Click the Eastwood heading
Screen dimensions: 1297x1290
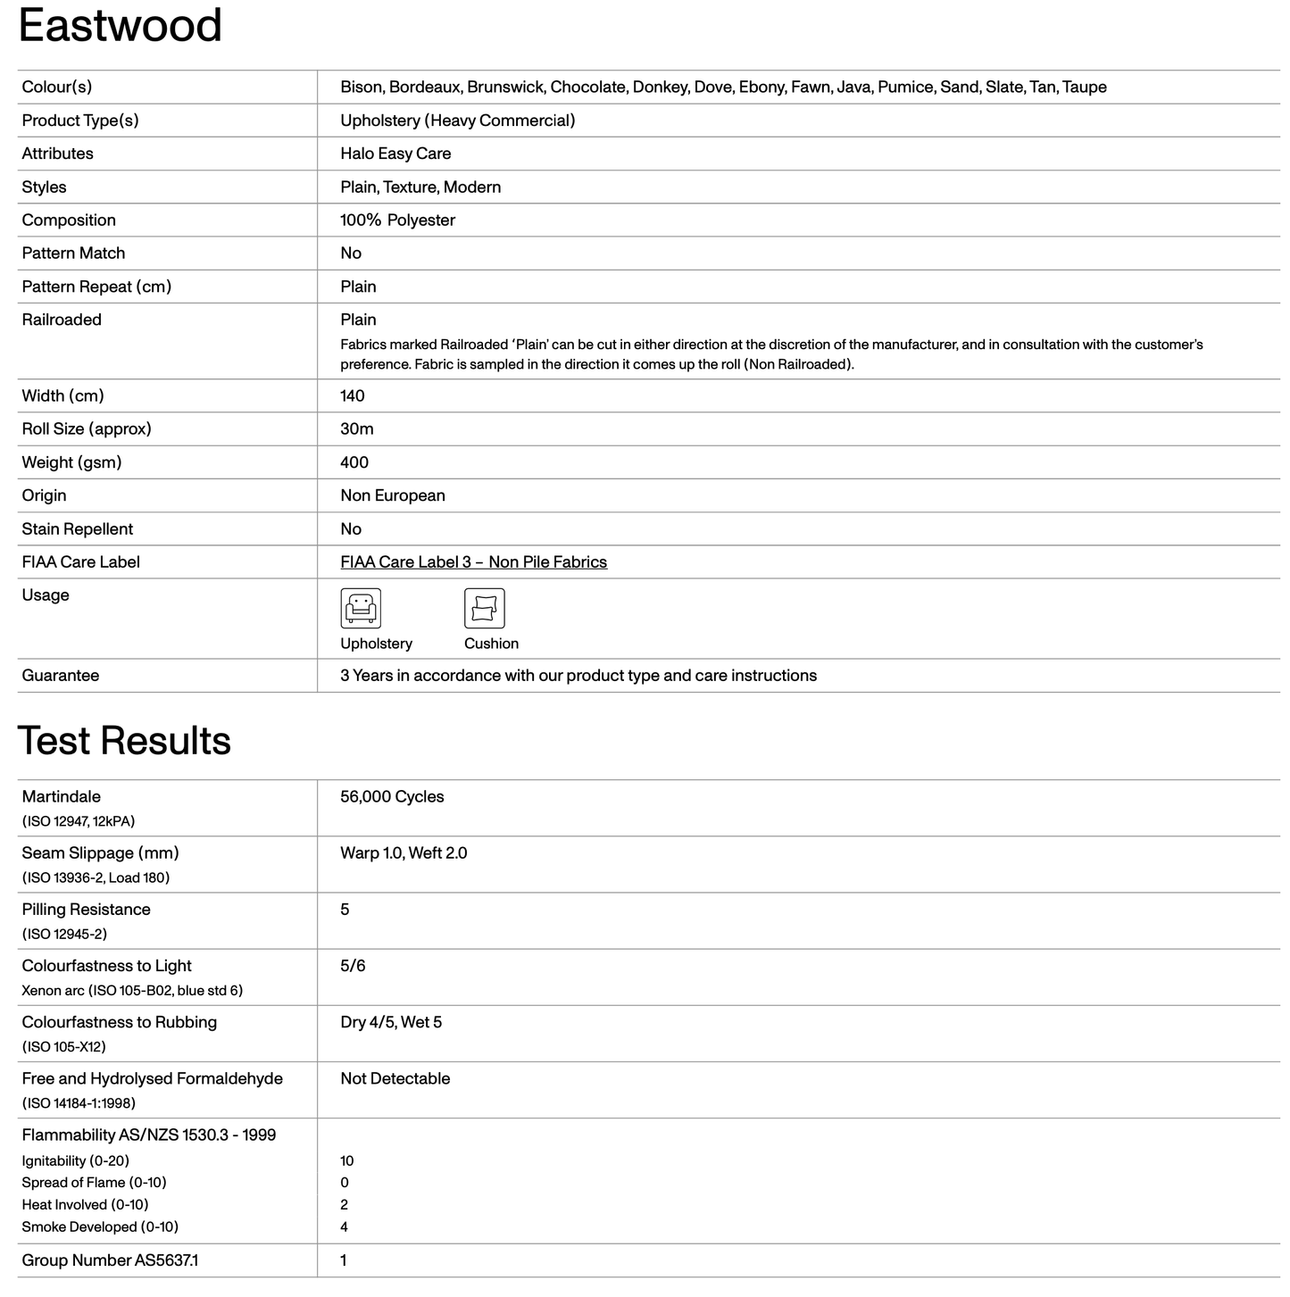coord(120,25)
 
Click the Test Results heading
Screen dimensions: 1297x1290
coord(124,741)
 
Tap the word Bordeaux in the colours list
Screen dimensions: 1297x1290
coord(424,87)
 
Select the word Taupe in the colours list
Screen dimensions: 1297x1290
coord(1085,87)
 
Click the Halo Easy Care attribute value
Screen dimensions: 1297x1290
coord(395,154)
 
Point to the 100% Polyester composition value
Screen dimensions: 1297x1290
coord(397,220)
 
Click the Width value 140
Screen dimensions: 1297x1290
coord(353,396)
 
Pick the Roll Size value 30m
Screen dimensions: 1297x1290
coord(357,429)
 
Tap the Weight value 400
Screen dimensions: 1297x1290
coord(354,462)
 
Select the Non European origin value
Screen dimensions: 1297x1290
coord(393,495)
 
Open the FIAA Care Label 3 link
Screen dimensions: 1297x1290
coord(473,562)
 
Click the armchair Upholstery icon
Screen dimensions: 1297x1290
coord(361,609)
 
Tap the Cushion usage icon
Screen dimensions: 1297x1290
coord(485,609)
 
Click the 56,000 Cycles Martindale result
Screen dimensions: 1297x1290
coord(392,797)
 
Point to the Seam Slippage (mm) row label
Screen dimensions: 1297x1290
coord(101,853)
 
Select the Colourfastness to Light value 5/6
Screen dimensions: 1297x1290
coord(353,966)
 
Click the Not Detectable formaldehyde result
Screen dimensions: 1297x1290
coord(395,1079)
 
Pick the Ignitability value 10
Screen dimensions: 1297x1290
coord(347,1161)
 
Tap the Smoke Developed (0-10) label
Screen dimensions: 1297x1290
coord(100,1227)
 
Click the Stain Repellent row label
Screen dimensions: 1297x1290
coord(78,529)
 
